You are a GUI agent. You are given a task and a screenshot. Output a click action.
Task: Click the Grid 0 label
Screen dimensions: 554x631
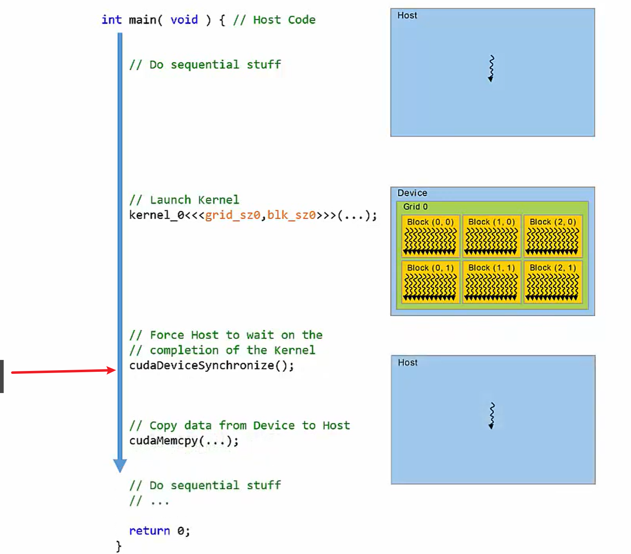pos(415,207)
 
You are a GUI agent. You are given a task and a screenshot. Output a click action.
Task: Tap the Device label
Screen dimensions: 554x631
pos(412,193)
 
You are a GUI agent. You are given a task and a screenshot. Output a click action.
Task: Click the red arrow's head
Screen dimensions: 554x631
pos(112,370)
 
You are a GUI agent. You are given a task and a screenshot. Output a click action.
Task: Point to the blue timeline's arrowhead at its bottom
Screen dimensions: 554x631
pos(120,465)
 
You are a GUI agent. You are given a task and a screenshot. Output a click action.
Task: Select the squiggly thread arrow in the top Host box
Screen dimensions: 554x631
pos(491,69)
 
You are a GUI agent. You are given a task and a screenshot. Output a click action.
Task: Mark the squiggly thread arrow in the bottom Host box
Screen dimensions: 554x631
pos(492,416)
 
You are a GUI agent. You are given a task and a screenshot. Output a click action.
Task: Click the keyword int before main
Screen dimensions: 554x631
pos(111,20)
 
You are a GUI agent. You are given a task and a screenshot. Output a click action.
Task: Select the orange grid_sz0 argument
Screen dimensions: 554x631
pos(232,215)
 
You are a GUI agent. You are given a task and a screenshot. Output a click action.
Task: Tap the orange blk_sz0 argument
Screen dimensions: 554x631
pos(292,215)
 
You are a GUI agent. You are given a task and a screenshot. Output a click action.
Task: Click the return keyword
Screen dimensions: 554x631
pos(149,531)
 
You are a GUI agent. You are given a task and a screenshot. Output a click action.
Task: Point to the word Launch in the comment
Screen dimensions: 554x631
pos(170,200)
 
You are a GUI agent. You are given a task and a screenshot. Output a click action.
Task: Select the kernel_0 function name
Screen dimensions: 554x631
pos(157,215)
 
